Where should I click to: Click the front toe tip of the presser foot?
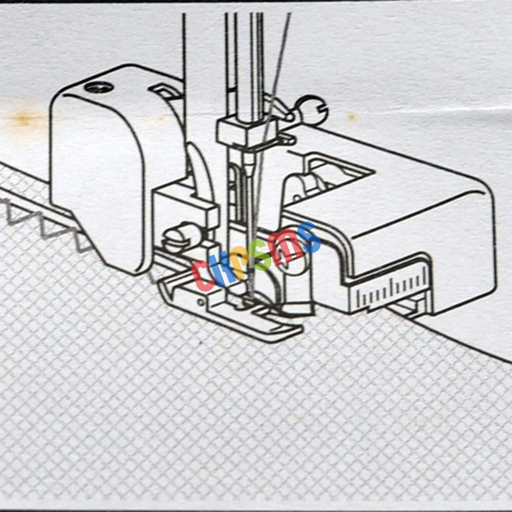[x=300, y=329]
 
